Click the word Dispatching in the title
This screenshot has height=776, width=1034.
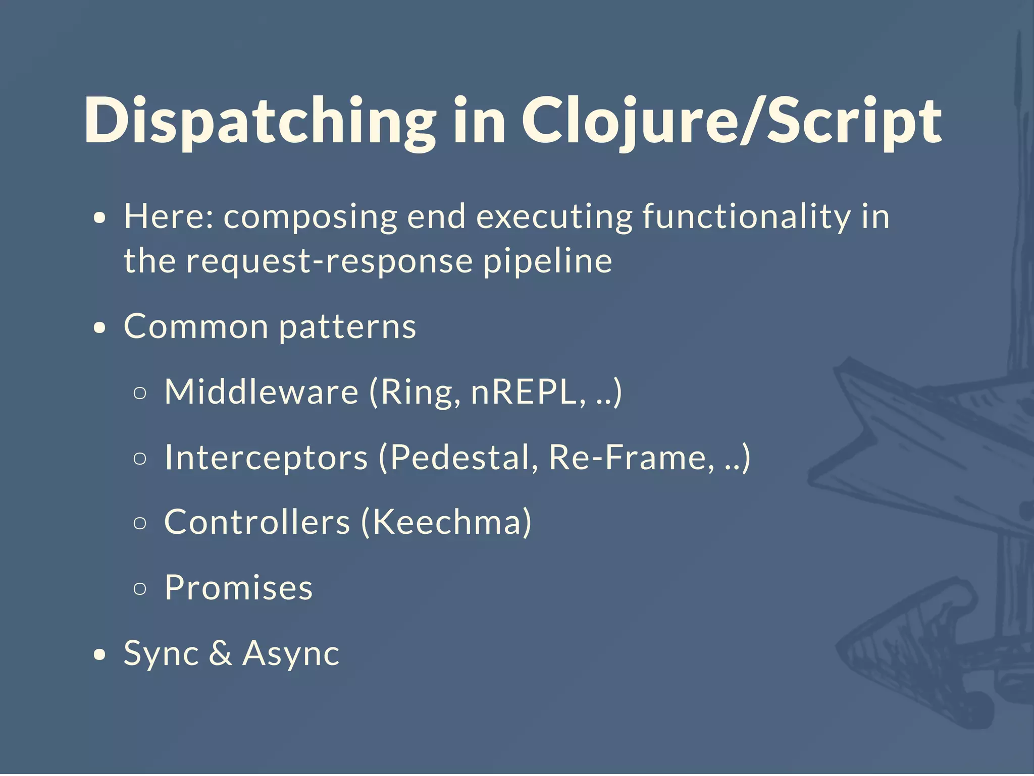click(x=260, y=121)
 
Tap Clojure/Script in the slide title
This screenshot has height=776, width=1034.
click(x=731, y=121)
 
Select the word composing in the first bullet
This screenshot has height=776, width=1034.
click(x=310, y=217)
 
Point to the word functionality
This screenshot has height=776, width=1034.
click(x=746, y=217)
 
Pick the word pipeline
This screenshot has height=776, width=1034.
click(x=548, y=261)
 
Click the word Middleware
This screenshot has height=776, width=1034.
click(x=261, y=392)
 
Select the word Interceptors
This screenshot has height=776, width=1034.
click(x=266, y=457)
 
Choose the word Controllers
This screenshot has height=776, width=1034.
click(x=257, y=522)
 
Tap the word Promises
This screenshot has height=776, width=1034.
click(x=238, y=588)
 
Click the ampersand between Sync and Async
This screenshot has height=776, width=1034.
click(x=220, y=653)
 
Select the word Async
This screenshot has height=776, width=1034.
click(x=291, y=653)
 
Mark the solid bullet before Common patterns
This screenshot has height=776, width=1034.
click(x=100, y=328)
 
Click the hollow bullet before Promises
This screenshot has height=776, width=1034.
click(x=140, y=588)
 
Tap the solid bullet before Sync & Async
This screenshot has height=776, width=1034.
click(x=100, y=655)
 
